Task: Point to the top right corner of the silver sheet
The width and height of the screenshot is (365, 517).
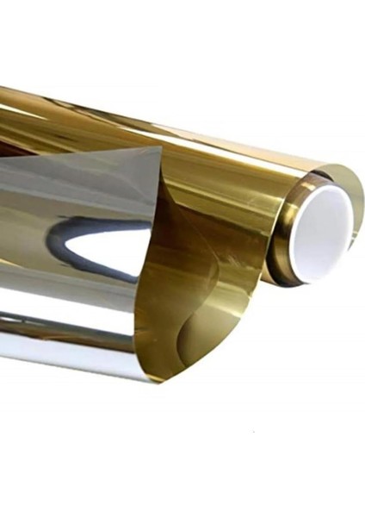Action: (x=160, y=149)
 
